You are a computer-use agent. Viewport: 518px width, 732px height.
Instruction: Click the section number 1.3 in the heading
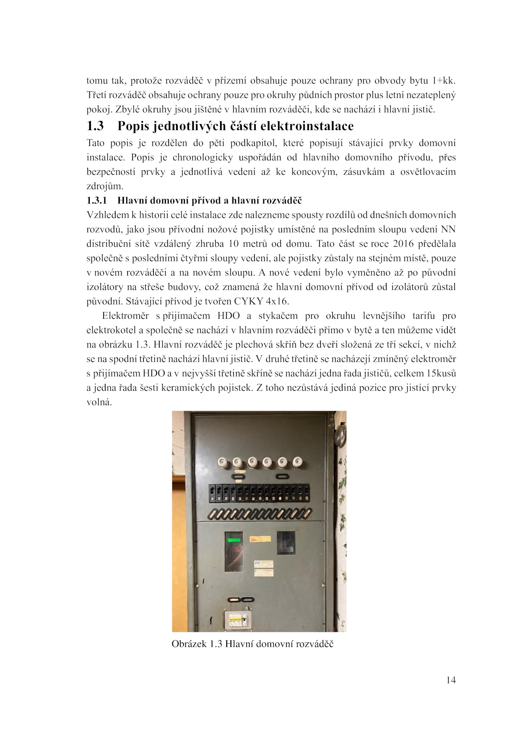[x=95, y=126]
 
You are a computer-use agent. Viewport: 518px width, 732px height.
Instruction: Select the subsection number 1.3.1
[x=96, y=201]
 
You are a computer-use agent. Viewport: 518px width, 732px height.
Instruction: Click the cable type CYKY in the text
[x=249, y=301]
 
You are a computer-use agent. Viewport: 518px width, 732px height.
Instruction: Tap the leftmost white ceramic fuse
[x=222, y=462]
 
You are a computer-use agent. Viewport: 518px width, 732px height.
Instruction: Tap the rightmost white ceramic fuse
[x=296, y=462]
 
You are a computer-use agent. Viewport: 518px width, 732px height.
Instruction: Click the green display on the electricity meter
[x=234, y=540]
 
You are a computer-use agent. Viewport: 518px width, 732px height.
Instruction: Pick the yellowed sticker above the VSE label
[x=260, y=539]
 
